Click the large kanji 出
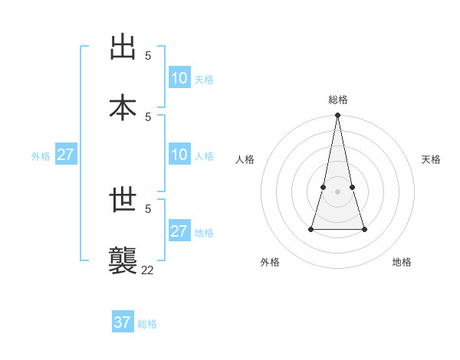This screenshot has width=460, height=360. [123, 47]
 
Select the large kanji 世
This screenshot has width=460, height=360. [123, 200]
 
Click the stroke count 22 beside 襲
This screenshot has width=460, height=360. [147, 270]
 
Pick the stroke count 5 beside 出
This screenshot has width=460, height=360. [148, 55]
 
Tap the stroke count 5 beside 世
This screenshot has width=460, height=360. [148, 208]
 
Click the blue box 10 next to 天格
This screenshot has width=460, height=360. [179, 78]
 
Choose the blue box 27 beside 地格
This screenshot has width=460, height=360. [179, 231]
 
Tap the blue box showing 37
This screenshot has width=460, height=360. [123, 322]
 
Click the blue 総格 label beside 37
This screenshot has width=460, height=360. [147, 324]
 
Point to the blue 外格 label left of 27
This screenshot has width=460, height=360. [41, 156]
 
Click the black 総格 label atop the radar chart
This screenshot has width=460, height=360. [338, 100]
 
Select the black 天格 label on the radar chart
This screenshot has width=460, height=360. [431, 159]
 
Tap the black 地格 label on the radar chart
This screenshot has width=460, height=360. [402, 262]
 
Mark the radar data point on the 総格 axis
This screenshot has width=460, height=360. [337, 116]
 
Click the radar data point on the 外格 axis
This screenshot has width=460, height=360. [311, 228]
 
